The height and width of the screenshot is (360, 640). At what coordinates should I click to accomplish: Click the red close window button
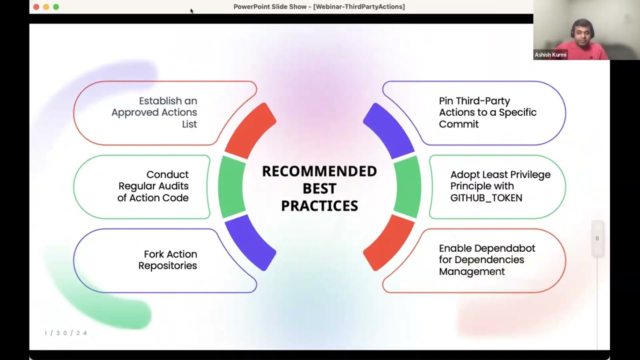(x=36, y=7)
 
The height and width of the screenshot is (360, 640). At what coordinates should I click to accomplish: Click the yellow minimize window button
(x=46, y=7)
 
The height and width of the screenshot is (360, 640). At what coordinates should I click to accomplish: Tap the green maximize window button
(x=56, y=7)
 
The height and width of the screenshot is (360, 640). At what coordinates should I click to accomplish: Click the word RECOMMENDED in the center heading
(x=319, y=171)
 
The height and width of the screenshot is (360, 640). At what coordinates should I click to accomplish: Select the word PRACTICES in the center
(x=319, y=205)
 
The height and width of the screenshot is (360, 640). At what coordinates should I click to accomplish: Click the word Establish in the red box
(x=168, y=101)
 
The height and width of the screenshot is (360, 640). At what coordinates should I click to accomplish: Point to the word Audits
(x=171, y=186)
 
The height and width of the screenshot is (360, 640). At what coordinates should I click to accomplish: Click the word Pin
(x=446, y=101)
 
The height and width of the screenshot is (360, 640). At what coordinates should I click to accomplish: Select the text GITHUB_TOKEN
(x=486, y=198)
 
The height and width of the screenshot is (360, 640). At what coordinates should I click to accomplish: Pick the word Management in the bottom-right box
(x=472, y=271)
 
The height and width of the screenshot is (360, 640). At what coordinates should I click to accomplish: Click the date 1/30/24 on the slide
(x=65, y=333)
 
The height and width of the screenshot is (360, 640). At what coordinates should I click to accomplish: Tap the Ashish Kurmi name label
(x=550, y=55)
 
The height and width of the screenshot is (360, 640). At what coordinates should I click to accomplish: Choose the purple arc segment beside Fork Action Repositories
(x=251, y=244)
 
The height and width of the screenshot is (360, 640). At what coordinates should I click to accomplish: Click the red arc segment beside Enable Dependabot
(x=388, y=244)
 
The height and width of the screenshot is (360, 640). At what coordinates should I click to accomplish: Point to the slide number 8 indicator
(x=597, y=238)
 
